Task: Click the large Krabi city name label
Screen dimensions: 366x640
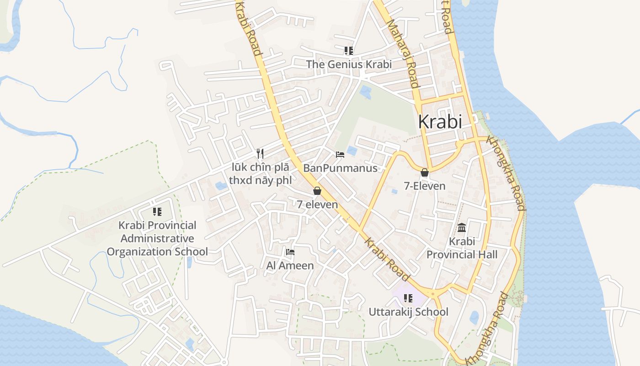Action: [440, 122]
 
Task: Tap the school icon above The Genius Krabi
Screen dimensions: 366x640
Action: [349, 51]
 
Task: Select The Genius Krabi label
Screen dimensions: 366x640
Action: [349, 65]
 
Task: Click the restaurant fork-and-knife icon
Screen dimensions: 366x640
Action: [260, 153]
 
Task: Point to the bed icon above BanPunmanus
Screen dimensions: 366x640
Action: [340, 155]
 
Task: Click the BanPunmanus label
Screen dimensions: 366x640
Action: [341, 168]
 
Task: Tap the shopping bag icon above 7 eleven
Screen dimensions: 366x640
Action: [317, 191]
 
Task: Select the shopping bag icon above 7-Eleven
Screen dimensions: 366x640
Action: [425, 172]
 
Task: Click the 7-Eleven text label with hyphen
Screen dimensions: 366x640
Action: [425, 186]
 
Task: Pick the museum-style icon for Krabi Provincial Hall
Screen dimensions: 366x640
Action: [462, 227]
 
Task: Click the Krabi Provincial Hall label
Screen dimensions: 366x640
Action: [462, 248]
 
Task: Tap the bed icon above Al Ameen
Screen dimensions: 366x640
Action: [290, 252]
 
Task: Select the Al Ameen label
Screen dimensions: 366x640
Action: [290, 265]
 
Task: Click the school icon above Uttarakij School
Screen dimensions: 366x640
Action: [408, 298]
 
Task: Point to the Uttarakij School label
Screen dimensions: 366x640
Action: [408, 312]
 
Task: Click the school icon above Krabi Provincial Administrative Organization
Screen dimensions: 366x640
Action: [157, 212]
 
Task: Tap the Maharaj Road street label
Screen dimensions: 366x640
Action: [403, 53]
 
